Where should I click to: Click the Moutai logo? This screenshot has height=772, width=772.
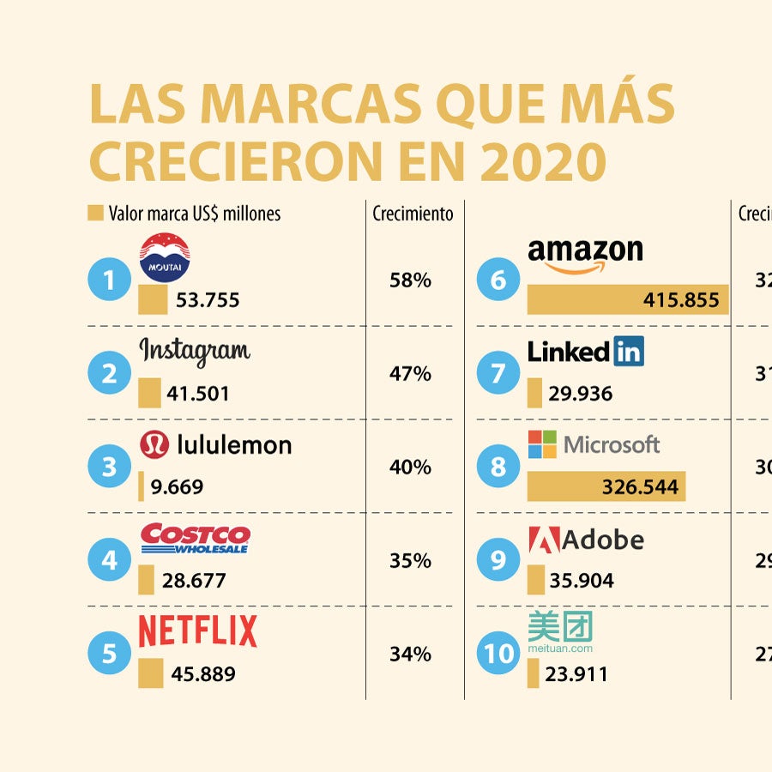[165, 258]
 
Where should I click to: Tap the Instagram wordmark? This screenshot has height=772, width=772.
[195, 351]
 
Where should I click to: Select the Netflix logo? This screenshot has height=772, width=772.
[197, 631]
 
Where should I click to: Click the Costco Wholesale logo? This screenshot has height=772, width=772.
[195, 539]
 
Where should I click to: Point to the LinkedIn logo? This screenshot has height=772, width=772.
[585, 351]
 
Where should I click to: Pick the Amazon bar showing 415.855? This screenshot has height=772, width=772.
[627, 300]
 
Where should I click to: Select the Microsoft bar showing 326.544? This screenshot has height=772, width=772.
[606, 487]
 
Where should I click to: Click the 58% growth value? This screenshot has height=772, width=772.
[410, 280]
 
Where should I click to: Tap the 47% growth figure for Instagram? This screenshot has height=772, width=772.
[410, 374]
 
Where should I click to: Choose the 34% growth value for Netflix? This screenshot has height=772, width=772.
[410, 654]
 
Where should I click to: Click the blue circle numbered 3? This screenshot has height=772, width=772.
[110, 467]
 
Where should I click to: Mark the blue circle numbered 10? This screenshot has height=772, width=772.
[498, 654]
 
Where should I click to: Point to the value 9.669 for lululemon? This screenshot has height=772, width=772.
[177, 487]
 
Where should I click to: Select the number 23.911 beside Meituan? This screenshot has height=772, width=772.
[576, 674]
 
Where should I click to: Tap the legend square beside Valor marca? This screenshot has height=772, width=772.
[95, 213]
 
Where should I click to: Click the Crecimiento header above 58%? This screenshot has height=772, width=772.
[413, 214]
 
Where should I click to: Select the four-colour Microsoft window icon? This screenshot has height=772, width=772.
[542, 444]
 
